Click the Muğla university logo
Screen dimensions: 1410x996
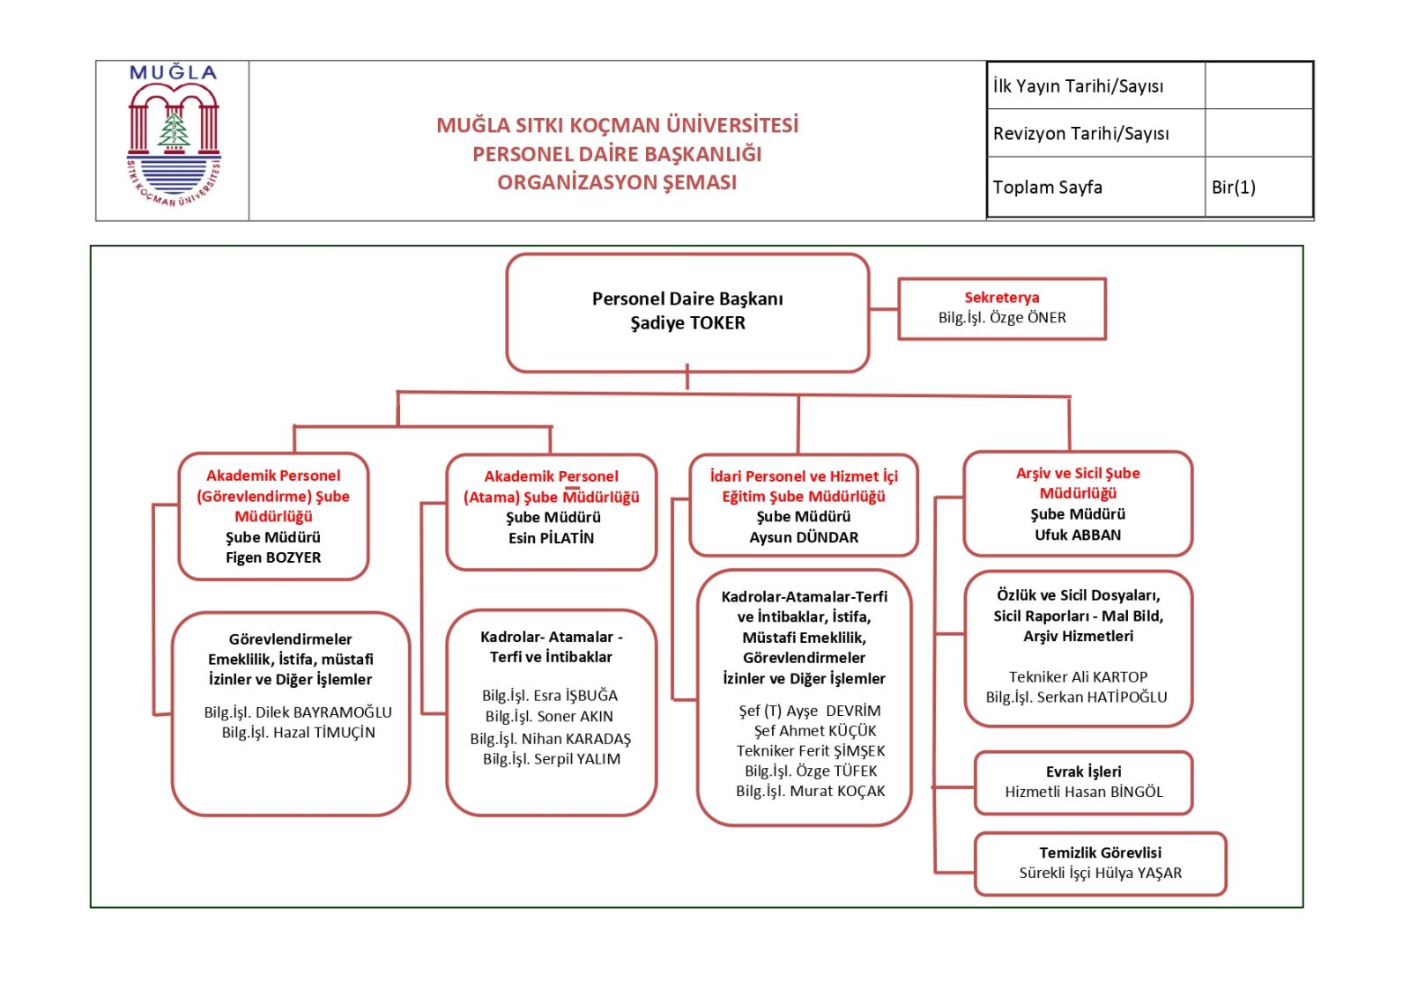coord(174,136)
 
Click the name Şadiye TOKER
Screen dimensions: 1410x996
coord(688,323)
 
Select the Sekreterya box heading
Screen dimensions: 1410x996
coord(1001,297)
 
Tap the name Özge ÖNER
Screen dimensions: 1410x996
coord(1028,317)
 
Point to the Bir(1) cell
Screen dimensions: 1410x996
coord(1233,187)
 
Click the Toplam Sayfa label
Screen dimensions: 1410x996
coord(1048,187)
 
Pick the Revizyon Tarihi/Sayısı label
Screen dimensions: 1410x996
coord(1080,133)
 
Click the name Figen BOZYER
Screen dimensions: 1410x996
coord(273,557)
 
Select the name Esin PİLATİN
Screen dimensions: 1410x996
coord(551,538)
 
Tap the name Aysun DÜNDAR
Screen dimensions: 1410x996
coord(803,537)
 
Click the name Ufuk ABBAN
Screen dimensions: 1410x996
coord(1078,535)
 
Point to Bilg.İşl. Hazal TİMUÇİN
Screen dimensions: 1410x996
coord(298,733)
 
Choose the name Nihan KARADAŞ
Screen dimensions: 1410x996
coord(575,738)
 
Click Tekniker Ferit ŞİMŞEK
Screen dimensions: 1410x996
coord(811,750)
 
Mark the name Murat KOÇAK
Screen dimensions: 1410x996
coord(837,791)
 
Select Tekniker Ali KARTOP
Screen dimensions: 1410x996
coord(1078,676)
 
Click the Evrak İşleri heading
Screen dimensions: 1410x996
coord(1083,771)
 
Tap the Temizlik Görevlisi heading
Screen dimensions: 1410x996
coord(1100,852)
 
